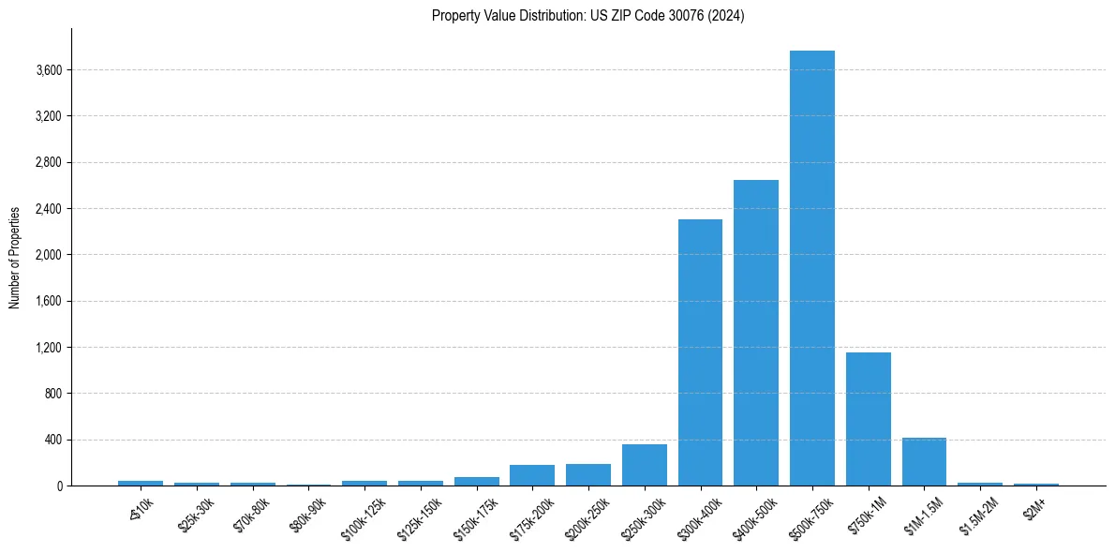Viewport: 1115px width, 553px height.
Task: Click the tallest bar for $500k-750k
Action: (x=811, y=268)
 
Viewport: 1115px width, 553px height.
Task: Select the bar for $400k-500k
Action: (x=755, y=333)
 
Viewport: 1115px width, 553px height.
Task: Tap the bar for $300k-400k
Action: (x=700, y=352)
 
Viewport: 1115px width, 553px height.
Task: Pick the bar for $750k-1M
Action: (x=868, y=419)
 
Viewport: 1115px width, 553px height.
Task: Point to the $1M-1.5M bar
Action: (x=924, y=461)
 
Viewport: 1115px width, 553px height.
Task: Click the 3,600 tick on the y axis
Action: (x=49, y=70)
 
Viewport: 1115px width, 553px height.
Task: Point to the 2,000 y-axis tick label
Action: (x=49, y=255)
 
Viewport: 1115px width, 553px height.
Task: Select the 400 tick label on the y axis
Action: (x=52, y=440)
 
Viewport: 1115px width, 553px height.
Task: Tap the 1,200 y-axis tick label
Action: (x=49, y=348)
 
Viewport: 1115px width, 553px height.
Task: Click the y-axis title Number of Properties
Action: (x=15, y=257)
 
